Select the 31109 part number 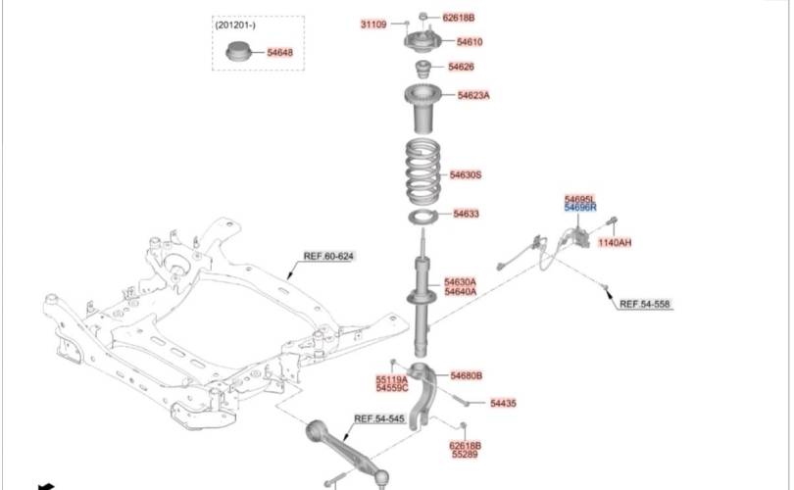(373, 24)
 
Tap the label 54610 (470, 42)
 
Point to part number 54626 (462, 67)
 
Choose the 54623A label (473, 95)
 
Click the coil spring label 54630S (466, 174)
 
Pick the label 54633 (466, 214)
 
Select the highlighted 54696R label (579, 208)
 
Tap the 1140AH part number (615, 242)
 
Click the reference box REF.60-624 (328, 257)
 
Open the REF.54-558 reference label (644, 304)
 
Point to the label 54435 (503, 403)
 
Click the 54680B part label (467, 375)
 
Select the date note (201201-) (235, 25)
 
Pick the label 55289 (465, 455)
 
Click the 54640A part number (460, 291)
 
